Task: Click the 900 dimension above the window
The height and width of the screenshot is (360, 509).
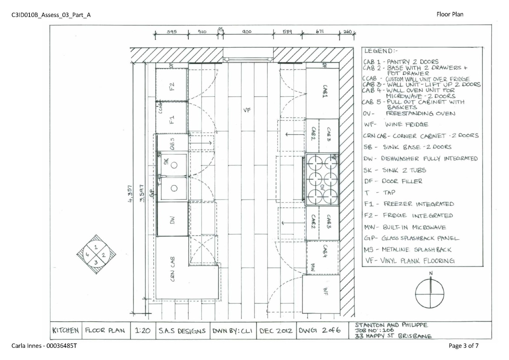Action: click(x=247, y=32)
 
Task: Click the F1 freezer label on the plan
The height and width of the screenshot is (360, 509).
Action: click(x=172, y=120)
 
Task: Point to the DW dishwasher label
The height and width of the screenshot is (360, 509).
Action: click(x=172, y=220)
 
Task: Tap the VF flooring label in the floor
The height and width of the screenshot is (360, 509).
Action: click(x=247, y=110)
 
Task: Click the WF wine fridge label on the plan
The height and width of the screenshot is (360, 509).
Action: click(x=325, y=291)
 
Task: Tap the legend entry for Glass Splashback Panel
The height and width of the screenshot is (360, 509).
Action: click(x=412, y=238)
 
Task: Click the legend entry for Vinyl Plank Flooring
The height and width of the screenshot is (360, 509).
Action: click(x=410, y=261)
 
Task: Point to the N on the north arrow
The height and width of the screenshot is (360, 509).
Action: click(x=431, y=273)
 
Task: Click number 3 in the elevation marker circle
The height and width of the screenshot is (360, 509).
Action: click(x=96, y=263)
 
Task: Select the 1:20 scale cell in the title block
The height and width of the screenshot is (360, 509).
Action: click(x=143, y=331)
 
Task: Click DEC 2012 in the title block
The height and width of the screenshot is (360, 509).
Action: click(x=275, y=331)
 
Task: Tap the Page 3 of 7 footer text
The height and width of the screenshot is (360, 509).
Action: click(x=463, y=346)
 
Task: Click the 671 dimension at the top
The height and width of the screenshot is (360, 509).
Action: click(x=320, y=32)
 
